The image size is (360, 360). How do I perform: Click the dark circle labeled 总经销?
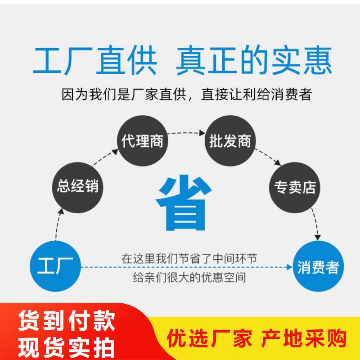[77, 188]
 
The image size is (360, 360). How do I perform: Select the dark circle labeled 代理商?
[143, 141]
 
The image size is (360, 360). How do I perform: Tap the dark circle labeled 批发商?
[230, 141]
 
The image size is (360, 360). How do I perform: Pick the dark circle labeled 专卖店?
[295, 188]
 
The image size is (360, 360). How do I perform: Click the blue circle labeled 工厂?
[55, 266]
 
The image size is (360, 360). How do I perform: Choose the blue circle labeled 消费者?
[318, 266]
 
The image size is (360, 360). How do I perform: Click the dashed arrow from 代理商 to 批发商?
[186, 133]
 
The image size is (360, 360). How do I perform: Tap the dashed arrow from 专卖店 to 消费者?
[316, 224]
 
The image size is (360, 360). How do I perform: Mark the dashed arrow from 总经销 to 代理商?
[105, 157]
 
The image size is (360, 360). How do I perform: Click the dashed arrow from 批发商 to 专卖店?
[268, 157]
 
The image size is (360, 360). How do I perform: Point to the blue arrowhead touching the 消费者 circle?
[289, 267]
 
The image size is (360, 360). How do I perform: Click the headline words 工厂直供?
[95, 61]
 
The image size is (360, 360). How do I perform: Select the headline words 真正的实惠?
[254, 61]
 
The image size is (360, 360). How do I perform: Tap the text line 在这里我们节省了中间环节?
[189, 258]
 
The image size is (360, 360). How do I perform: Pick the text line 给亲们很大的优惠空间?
[189, 277]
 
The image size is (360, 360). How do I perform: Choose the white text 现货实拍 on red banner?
[67, 347]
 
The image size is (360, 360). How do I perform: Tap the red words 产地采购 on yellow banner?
[303, 338]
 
